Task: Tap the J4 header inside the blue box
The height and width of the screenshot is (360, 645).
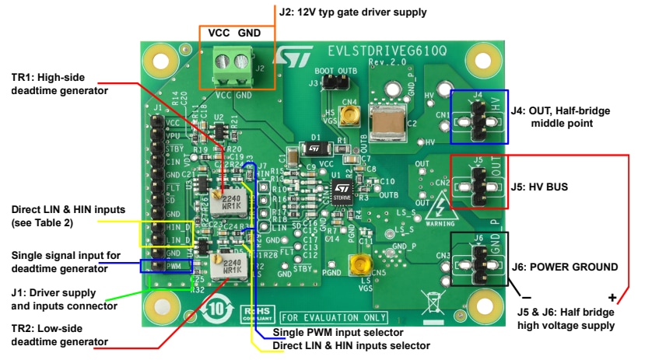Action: click(x=478, y=116)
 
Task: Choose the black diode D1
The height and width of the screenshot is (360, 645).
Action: click(x=313, y=147)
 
